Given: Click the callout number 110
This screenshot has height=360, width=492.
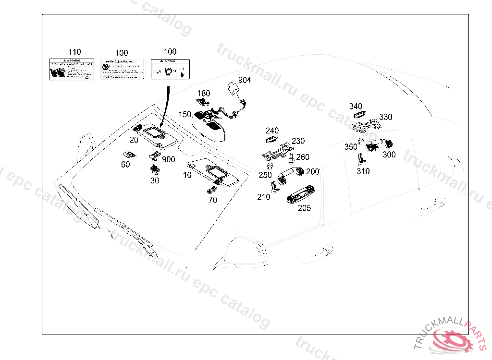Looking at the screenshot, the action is click(74, 52).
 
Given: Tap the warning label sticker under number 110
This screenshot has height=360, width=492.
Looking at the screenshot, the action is click(72, 70).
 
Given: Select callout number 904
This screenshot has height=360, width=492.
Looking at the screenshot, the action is click(244, 80).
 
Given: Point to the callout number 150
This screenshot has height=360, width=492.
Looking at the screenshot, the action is click(185, 114).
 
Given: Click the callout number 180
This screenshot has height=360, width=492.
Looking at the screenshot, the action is click(204, 93).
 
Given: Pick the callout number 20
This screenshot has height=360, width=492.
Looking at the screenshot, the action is click(134, 140).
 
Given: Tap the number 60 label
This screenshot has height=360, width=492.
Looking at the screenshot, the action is click(125, 165).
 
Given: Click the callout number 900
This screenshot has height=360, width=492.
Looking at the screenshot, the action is click(169, 159).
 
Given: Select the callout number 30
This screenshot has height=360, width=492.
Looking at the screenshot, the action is click(155, 180).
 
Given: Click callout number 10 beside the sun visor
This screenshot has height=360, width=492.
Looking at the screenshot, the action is click(187, 175).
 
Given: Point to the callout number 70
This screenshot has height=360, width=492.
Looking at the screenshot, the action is click(213, 200).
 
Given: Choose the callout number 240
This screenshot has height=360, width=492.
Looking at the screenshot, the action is click(272, 131).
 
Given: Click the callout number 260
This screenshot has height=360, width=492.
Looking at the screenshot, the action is click(303, 157).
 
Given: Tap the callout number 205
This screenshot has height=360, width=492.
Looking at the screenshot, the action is click(304, 208).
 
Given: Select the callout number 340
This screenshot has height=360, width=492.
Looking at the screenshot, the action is click(356, 106).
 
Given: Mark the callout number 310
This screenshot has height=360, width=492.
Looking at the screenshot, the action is click(363, 171).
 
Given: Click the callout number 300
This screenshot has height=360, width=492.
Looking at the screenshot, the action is click(389, 155).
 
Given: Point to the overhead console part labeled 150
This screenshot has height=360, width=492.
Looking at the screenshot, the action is click(209, 126).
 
